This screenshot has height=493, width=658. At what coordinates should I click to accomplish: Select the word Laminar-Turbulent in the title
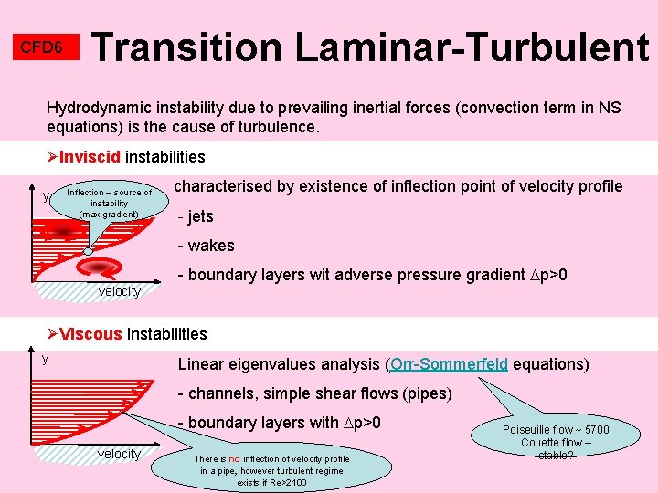pos(472,46)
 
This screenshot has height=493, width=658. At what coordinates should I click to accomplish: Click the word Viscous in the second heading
pos(91,334)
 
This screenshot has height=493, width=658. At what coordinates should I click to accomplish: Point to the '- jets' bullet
pos(195,217)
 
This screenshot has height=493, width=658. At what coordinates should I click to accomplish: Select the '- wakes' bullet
pos(206,246)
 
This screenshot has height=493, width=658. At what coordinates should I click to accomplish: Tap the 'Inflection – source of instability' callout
pos(110,204)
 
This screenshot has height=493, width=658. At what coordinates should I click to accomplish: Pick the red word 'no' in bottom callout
pos(235,459)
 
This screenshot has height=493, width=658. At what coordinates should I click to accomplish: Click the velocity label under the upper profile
pos(120,291)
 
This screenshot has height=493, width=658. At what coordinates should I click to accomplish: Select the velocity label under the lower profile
pos(120,454)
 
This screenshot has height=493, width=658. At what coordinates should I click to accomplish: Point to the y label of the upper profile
pos(46,196)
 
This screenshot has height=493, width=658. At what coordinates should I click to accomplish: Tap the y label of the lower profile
pos(44,358)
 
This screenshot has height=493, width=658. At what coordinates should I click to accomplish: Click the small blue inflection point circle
pos(88,252)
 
